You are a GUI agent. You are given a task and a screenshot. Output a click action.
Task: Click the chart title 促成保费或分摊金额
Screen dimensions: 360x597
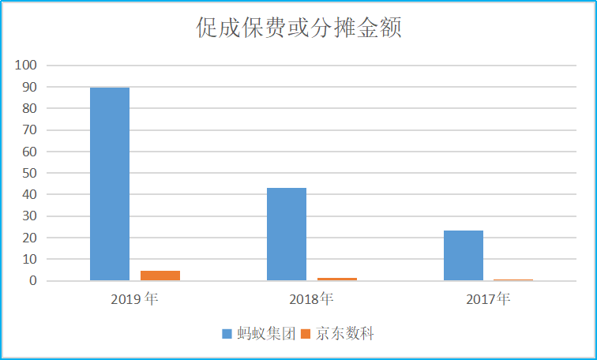299,28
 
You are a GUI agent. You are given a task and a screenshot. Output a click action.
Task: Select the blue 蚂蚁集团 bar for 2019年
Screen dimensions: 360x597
110,183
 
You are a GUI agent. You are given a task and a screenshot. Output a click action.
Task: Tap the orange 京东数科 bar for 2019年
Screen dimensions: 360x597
160,276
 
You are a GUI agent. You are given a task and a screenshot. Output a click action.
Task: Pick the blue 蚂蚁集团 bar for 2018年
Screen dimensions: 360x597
287,234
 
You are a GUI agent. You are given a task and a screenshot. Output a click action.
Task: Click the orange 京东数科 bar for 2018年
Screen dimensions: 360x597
337,279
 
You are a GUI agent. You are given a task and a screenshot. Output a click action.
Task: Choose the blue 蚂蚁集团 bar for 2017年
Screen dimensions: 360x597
464,255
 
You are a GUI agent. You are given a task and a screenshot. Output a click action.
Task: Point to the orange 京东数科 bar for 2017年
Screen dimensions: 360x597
514,279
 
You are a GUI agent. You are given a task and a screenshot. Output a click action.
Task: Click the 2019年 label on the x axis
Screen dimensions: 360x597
135,299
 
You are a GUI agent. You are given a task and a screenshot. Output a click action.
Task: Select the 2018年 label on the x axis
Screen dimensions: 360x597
312,299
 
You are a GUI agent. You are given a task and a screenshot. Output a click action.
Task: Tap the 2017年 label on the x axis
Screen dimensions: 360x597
489,299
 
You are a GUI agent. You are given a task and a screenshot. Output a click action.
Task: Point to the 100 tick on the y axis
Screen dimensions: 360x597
27,65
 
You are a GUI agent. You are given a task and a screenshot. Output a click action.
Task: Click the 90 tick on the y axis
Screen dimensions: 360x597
30,87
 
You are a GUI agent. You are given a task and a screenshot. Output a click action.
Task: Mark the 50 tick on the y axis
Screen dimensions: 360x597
30,173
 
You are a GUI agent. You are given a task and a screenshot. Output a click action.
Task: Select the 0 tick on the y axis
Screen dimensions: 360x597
33,280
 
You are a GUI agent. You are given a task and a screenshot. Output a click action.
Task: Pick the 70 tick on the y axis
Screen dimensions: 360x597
30,129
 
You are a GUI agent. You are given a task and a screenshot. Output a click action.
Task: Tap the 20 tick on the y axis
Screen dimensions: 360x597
30,238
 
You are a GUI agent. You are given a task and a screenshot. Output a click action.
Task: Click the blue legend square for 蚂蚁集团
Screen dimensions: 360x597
227,335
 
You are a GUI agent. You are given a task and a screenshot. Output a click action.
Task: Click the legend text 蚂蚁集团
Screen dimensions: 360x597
265,334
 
